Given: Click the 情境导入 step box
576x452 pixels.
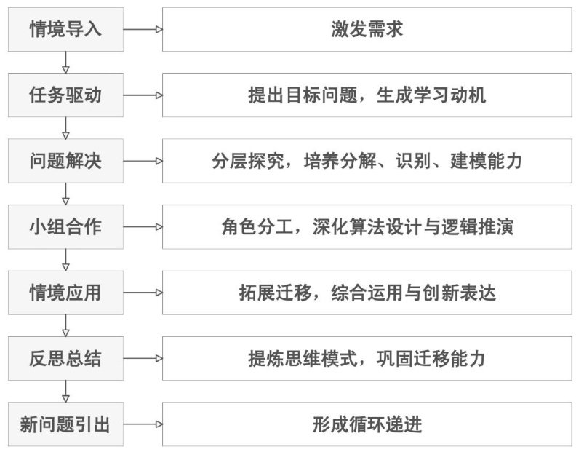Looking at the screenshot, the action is coord(65,30).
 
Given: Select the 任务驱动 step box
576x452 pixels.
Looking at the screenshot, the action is coord(65,95).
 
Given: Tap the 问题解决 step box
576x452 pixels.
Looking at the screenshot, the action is coord(65,161).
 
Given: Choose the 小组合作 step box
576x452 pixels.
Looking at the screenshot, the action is coord(65,226).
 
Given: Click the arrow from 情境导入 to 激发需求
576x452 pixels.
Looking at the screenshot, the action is coord(143,30).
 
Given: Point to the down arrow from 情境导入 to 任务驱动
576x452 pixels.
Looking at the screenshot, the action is coord(65,63).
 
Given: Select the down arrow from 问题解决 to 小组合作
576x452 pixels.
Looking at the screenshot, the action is coord(65,194).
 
